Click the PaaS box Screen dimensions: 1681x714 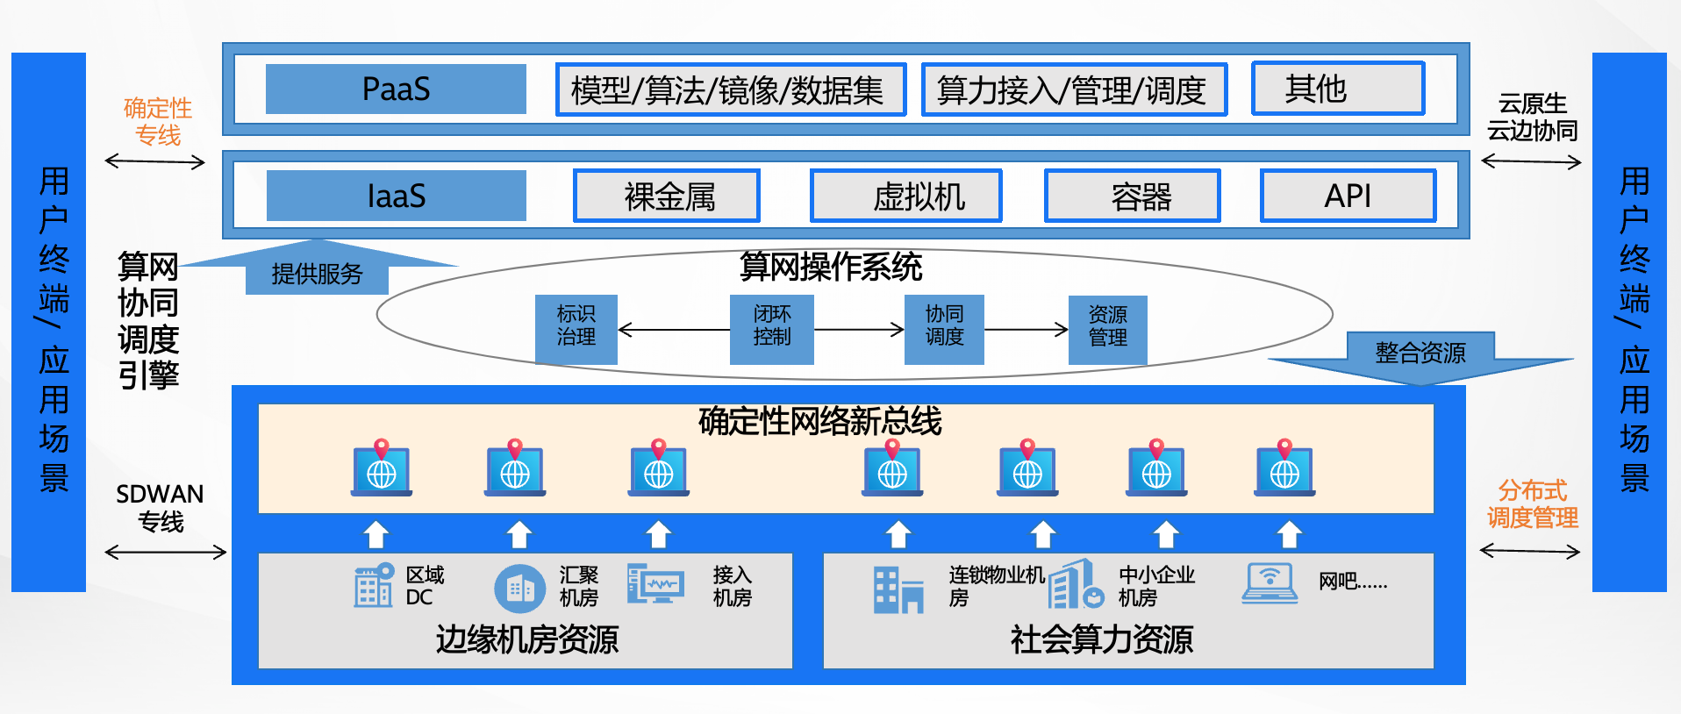point(396,89)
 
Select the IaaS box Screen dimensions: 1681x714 point(396,196)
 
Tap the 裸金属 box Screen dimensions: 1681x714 point(667,196)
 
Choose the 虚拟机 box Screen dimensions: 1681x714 point(906,196)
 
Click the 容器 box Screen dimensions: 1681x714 point(1133,196)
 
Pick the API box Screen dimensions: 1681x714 point(1348,196)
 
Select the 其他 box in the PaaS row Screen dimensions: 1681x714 point(1338,88)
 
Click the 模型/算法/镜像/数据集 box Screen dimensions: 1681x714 point(731,89)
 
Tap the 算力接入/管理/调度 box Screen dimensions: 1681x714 point(1074,89)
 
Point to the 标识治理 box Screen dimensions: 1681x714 point(576,329)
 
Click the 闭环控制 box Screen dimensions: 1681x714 point(772,329)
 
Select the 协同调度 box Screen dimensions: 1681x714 point(944,329)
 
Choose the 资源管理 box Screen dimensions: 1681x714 point(1108,329)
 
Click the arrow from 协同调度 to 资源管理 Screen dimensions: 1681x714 point(1026,330)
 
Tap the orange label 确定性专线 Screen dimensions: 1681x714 point(158,122)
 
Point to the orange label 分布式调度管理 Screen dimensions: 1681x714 point(1532,503)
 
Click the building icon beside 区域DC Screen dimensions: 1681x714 point(374,585)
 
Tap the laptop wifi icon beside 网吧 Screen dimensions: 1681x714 point(1270,583)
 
